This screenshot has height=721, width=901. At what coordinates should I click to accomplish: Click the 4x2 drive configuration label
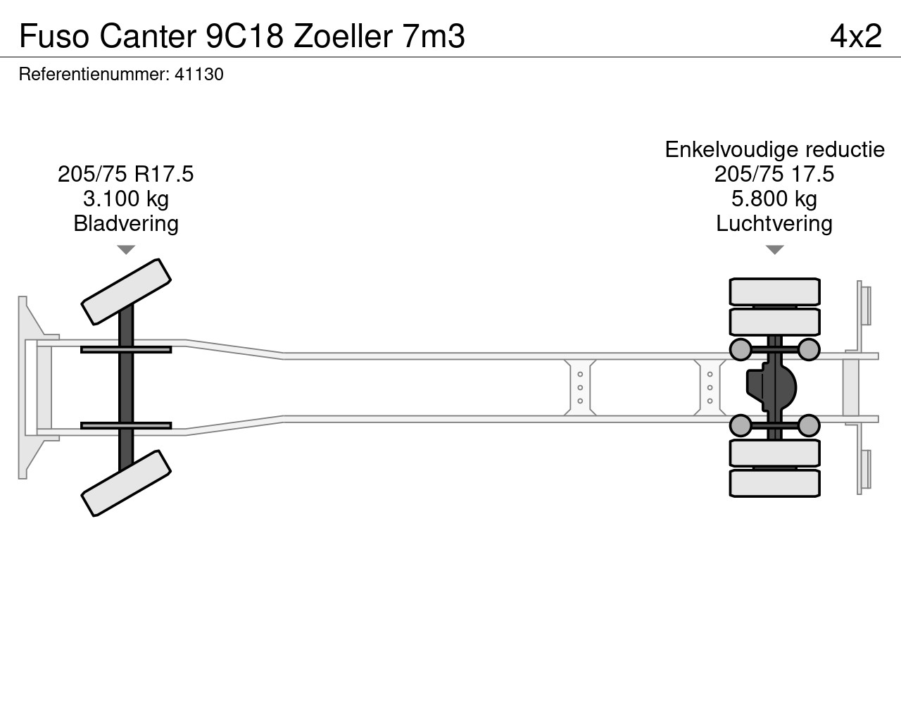coord(855,35)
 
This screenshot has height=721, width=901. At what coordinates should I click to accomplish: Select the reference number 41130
coord(199,74)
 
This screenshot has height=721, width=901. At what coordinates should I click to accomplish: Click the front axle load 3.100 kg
coord(126,199)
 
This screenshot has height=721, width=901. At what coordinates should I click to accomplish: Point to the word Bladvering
coord(126,224)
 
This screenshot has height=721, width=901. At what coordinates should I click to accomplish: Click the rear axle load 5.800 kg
coord(774,199)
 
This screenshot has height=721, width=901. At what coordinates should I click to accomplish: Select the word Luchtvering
coord(774,224)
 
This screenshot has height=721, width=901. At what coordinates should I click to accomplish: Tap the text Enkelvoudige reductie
coord(774,149)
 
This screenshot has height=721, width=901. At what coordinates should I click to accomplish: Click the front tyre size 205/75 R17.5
coord(126,174)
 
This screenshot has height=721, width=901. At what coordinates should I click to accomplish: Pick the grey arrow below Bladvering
coord(126,250)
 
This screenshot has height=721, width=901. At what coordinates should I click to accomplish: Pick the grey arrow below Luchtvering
coord(774,250)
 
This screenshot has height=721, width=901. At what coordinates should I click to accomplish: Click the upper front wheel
coord(127,291)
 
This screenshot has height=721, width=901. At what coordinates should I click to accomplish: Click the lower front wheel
coord(127,483)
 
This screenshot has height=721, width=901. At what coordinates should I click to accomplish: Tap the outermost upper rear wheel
coord(774,291)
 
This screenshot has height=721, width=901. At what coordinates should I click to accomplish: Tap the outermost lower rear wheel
coord(774,484)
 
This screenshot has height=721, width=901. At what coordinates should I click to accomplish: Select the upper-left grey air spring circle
coord(740,349)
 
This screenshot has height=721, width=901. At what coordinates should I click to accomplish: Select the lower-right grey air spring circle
coord(809,425)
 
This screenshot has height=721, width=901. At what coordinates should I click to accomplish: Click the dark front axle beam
coord(126,387)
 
